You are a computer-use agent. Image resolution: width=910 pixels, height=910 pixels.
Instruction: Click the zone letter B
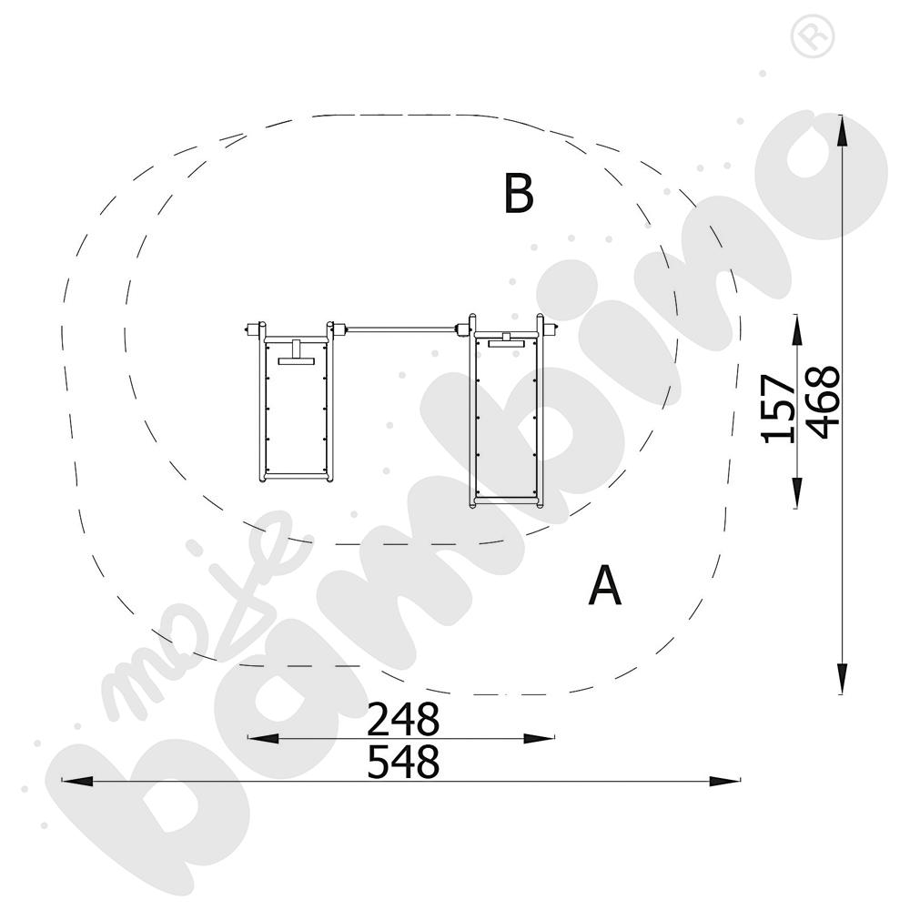click(519, 193)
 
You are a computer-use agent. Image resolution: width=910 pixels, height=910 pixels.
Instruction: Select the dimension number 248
click(403, 719)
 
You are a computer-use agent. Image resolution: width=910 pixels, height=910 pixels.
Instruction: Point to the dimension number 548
click(403, 762)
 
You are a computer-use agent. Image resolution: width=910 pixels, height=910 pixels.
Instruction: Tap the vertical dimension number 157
click(778, 409)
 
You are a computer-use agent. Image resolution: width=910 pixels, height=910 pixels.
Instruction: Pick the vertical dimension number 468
click(824, 402)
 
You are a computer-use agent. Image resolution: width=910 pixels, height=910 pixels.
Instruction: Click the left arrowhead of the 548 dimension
click(77, 781)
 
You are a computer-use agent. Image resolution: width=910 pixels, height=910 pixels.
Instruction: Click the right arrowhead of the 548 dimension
click(725, 781)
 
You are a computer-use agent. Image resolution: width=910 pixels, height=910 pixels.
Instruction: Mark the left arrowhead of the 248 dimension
click(263, 738)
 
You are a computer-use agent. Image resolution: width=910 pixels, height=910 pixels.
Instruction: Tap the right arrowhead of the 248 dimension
click(539, 738)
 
